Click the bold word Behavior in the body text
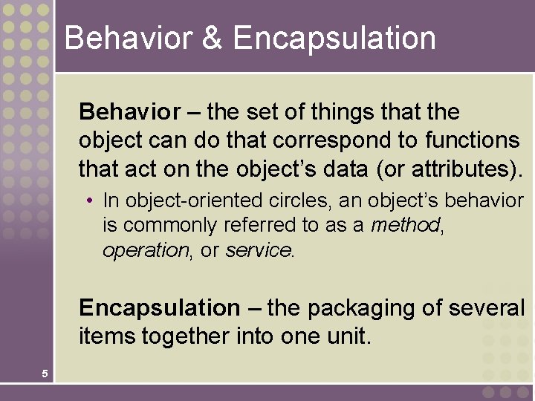[129, 112]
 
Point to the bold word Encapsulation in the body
[159, 307]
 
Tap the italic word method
[406, 225]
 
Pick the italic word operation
[146, 251]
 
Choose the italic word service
[259, 250]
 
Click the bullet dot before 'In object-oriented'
[89, 200]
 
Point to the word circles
[285, 200]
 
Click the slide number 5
[45, 374]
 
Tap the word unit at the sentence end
[348, 336]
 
